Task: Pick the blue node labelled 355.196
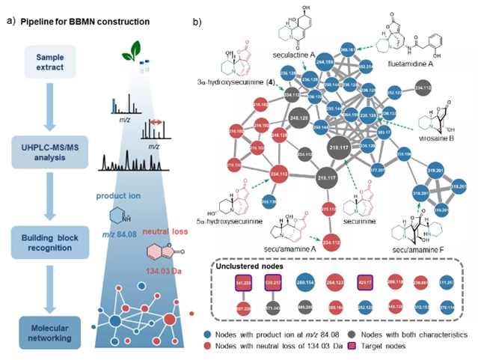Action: point(399,155)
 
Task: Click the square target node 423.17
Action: point(367,284)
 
